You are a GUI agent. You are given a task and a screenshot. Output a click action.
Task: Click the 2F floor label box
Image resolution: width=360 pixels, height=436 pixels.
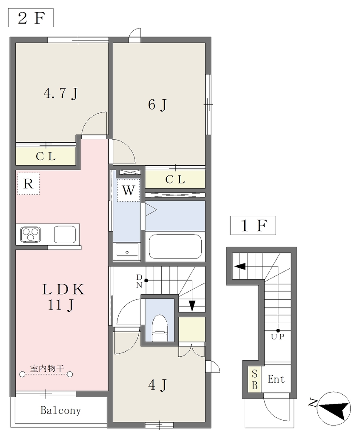click(x=31, y=18)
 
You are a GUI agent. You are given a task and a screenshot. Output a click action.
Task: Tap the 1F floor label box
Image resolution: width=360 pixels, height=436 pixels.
click(x=253, y=225)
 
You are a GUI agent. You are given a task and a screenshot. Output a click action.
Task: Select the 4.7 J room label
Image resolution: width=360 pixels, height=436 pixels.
click(x=61, y=93)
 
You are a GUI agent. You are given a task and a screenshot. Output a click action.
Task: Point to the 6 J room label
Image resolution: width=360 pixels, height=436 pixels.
click(x=157, y=105)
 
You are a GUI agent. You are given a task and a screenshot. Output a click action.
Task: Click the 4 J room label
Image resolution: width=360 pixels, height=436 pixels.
click(x=157, y=385)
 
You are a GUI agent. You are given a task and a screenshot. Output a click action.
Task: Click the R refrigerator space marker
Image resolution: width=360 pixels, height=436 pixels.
click(x=29, y=184)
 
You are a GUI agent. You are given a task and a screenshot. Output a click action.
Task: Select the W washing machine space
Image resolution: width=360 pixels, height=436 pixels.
click(x=129, y=190)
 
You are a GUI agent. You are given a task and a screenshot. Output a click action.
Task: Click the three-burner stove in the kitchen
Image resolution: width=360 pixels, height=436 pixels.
click(x=31, y=235)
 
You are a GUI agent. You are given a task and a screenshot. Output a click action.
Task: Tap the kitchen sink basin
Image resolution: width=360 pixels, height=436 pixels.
click(x=65, y=235)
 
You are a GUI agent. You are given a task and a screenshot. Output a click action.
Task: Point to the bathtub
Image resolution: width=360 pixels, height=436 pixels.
click(x=175, y=247)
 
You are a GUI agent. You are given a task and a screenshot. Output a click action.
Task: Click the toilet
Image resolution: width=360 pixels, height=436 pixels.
click(x=160, y=327)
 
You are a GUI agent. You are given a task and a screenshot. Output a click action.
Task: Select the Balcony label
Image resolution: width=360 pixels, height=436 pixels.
click(x=60, y=410)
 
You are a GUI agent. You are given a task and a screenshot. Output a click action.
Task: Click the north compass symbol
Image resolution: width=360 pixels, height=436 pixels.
click(x=334, y=407)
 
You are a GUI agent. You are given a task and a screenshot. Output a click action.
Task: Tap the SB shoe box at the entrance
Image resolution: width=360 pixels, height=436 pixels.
click(x=254, y=379)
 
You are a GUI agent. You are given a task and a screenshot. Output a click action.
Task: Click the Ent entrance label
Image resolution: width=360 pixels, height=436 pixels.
click(x=276, y=379)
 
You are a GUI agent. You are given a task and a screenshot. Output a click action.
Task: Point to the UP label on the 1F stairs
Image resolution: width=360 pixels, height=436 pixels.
click(x=278, y=337)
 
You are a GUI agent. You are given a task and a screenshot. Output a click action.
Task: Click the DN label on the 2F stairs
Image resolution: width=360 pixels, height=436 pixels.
click(x=139, y=281)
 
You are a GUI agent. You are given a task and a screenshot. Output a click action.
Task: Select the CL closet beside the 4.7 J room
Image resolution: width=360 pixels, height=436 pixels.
click(x=46, y=157)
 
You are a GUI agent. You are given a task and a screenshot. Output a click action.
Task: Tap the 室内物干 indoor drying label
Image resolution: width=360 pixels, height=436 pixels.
click(x=47, y=369)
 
